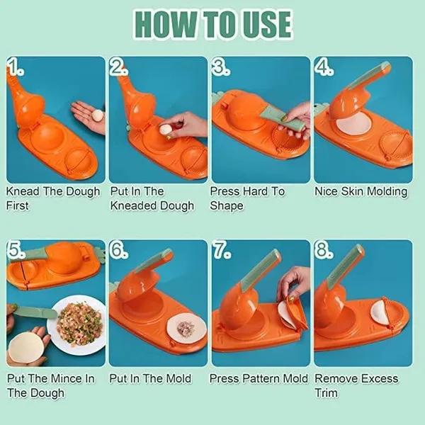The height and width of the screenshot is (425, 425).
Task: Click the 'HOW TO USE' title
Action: [x=212, y=24]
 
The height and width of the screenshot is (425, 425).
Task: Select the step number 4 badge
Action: [x=324, y=68]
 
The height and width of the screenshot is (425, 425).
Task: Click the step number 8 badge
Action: [x=324, y=251]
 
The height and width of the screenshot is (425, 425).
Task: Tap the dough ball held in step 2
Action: [x=166, y=129]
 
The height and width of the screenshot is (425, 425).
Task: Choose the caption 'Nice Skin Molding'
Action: [x=361, y=191]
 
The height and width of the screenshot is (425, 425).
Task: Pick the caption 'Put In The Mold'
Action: [x=150, y=378]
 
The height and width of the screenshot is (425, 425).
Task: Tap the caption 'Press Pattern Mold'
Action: [x=259, y=378]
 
